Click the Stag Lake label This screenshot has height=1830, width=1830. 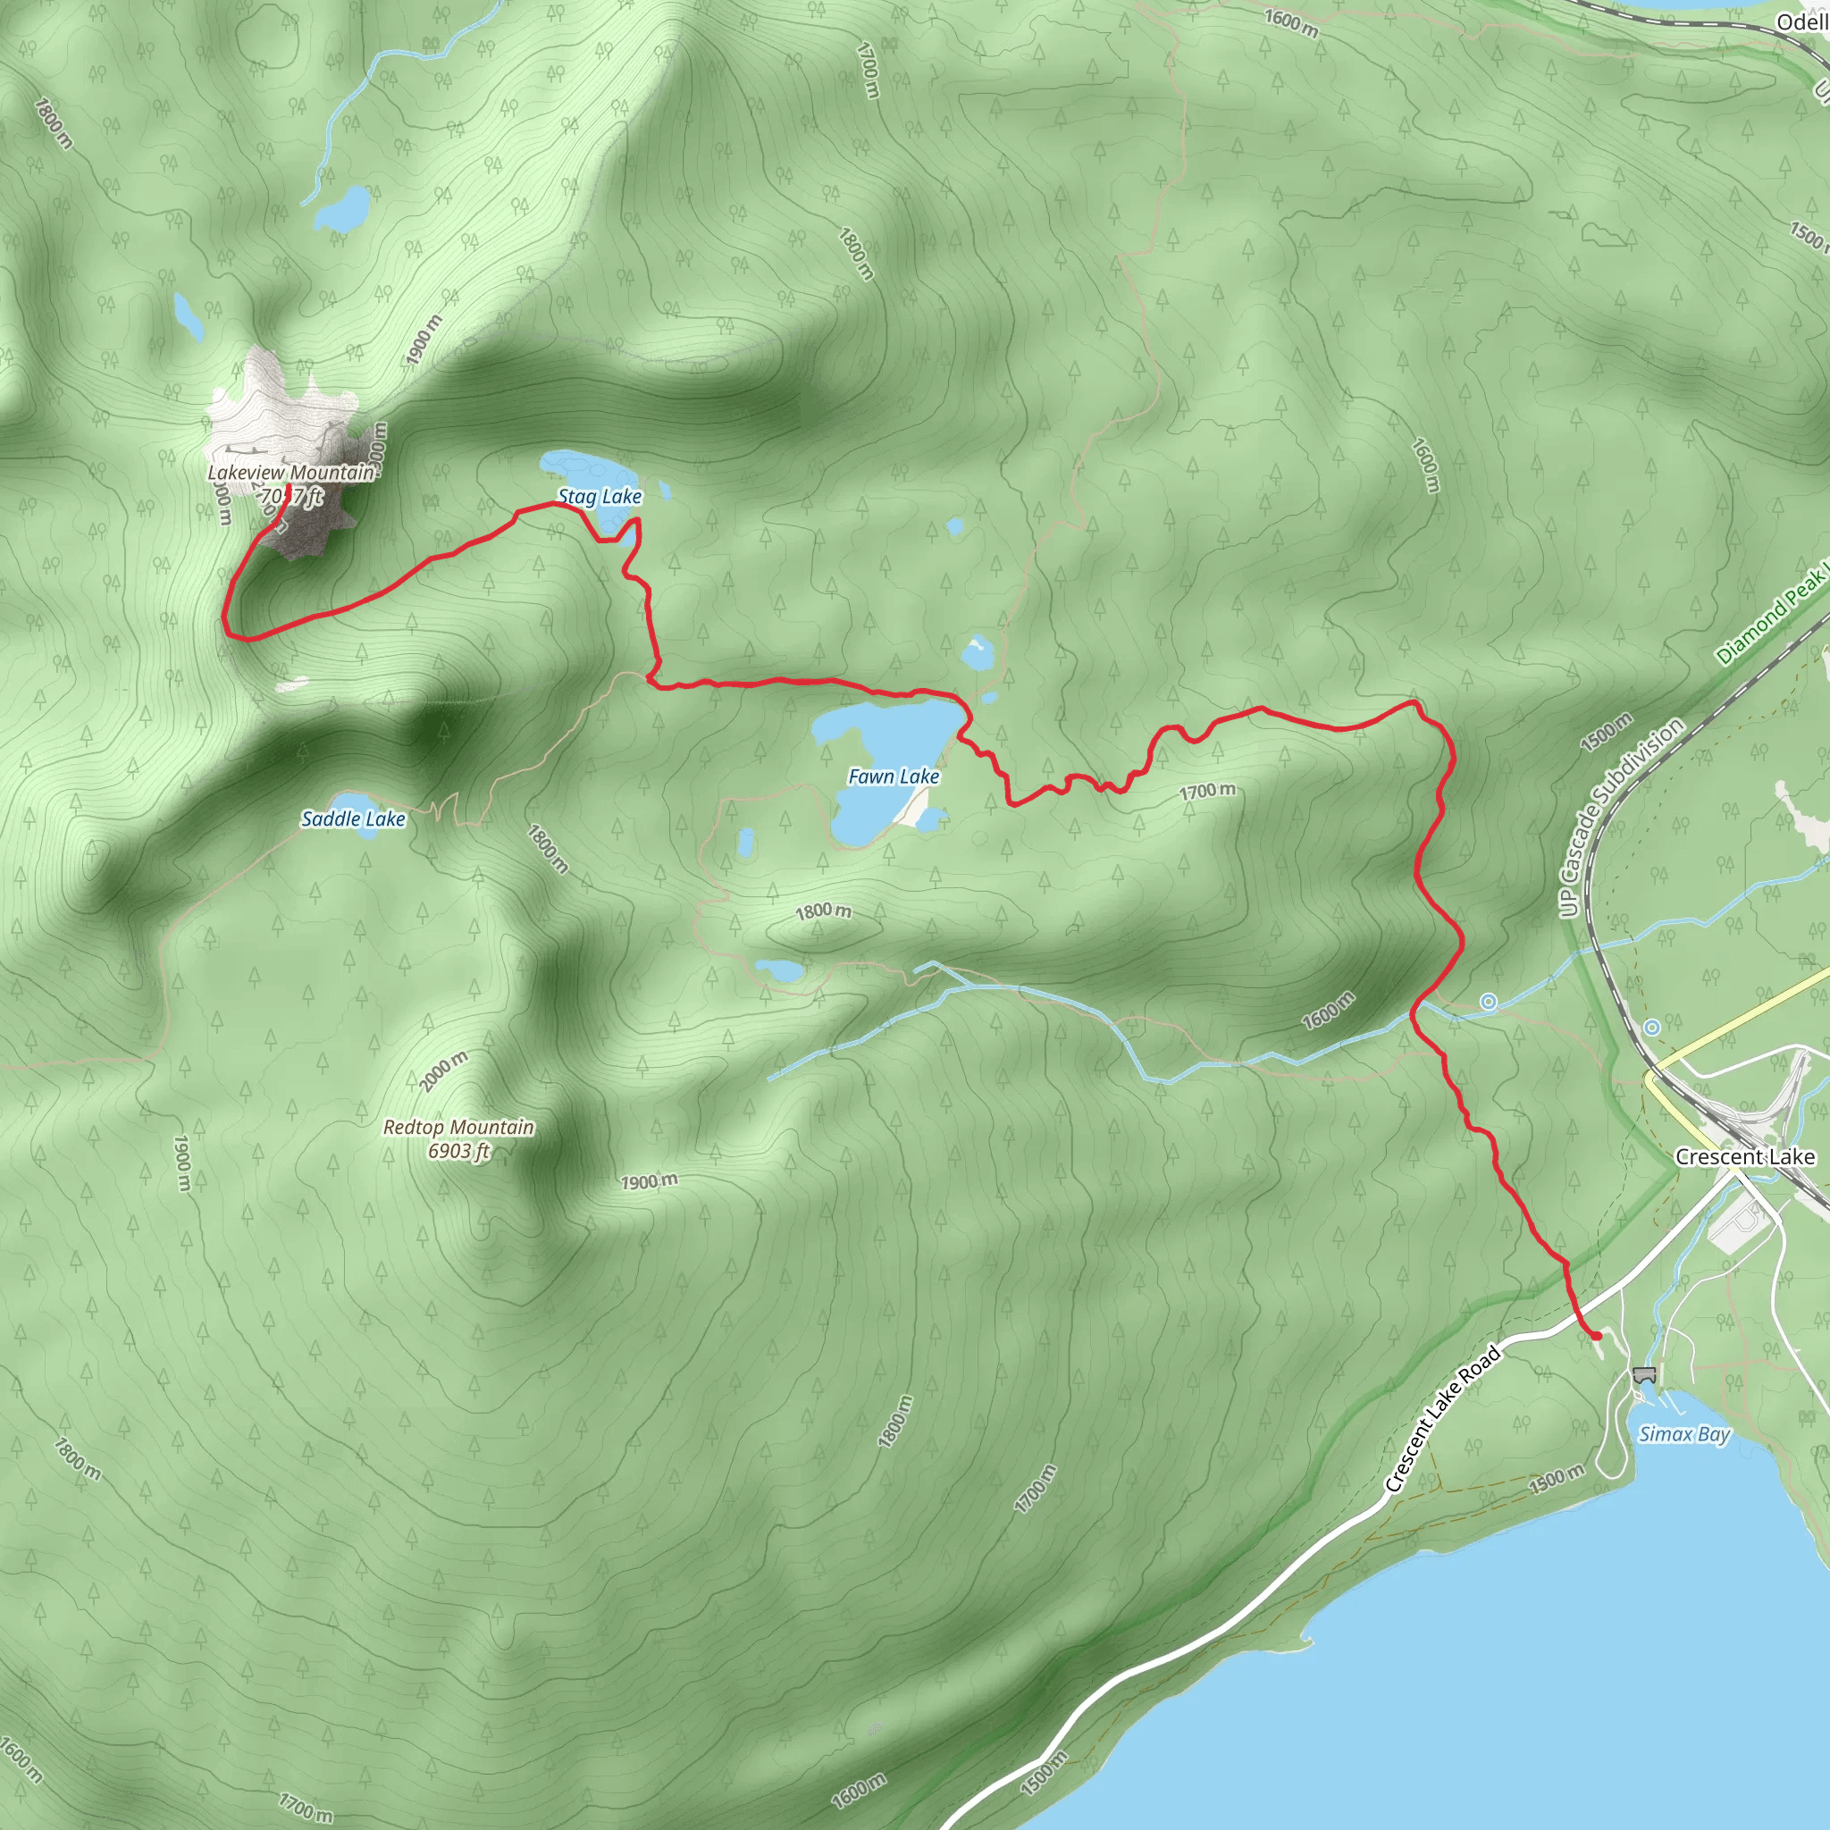[599, 496]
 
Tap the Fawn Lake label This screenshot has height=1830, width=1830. [894, 776]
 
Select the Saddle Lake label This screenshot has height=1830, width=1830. [352, 819]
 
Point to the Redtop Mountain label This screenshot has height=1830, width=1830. [458, 1127]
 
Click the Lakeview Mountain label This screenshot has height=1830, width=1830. [290, 472]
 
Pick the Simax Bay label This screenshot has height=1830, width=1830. [1684, 1434]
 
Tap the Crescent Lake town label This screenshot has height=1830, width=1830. [1745, 1156]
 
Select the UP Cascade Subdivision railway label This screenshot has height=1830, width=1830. [1622, 817]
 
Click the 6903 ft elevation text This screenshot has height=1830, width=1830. [458, 1151]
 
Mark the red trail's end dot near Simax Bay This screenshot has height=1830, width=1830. [1597, 1336]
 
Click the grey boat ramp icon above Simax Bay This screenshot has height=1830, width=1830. [1643, 1374]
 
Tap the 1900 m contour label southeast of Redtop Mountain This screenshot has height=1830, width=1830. [650, 1181]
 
